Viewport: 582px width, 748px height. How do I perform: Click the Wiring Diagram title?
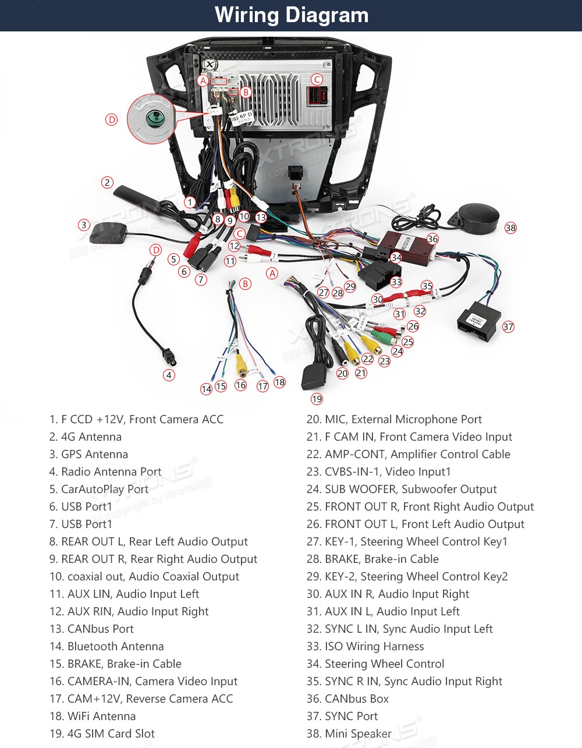click(x=291, y=15)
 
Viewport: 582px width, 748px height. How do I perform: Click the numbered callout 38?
click(x=510, y=228)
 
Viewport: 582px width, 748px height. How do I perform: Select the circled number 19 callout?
click(x=317, y=399)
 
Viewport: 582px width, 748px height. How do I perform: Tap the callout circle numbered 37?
click(x=508, y=327)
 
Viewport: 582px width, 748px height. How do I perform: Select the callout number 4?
click(x=169, y=375)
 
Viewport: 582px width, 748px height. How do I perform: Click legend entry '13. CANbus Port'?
click(x=91, y=629)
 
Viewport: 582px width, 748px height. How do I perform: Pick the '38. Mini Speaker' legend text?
click(x=349, y=733)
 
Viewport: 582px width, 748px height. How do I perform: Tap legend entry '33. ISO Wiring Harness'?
click(x=365, y=646)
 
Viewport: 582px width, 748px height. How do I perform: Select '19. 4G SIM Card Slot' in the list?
click(x=102, y=733)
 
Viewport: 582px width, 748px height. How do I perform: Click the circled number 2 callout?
click(x=107, y=182)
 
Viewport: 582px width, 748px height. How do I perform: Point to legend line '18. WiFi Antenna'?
click(x=93, y=716)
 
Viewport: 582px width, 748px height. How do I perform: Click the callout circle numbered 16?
click(x=241, y=385)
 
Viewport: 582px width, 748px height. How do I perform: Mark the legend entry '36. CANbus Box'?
click(x=347, y=699)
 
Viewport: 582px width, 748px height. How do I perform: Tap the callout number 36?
click(x=432, y=239)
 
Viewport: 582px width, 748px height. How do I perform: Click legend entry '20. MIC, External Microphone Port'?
click(x=394, y=419)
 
